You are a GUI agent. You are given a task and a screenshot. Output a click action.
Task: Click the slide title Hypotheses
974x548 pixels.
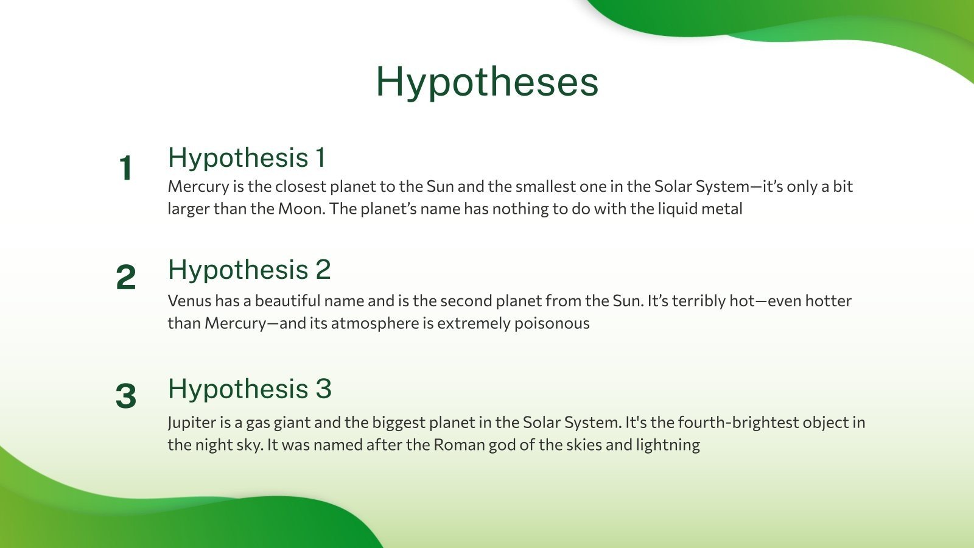pyautogui.click(x=487, y=83)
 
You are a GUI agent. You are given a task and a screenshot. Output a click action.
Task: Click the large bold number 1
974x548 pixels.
pyautogui.click(x=125, y=167)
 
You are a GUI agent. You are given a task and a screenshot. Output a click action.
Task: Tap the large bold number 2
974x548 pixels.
pyautogui.click(x=125, y=277)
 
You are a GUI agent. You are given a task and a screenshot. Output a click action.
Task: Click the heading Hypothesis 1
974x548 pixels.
pyautogui.click(x=247, y=158)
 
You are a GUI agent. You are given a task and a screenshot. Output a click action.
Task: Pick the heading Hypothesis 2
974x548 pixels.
pyautogui.click(x=250, y=270)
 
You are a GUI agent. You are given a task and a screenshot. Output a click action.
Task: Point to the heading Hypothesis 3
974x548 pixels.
pyautogui.click(x=250, y=389)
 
